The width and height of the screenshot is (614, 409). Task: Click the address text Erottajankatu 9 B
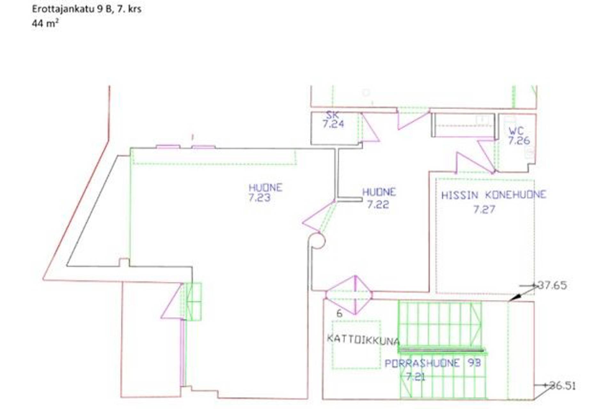(x=73, y=9)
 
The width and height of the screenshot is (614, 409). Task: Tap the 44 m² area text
(x=45, y=23)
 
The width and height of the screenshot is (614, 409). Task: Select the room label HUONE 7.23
(x=265, y=192)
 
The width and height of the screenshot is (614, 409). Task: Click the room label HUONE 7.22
(x=379, y=198)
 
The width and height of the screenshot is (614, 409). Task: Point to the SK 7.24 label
(x=333, y=120)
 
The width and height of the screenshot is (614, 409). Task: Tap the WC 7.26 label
(x=519, y=135)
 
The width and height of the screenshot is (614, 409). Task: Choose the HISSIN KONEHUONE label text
(x=494, y=195)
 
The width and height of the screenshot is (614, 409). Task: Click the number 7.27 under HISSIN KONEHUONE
(x=484, y=210)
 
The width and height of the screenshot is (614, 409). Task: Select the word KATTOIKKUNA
(x=363, y=339)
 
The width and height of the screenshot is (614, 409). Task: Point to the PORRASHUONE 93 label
(x=433, y=363)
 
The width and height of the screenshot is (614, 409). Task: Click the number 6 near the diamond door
(x=339, y=313)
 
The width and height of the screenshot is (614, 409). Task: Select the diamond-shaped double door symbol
(x=349, y=295)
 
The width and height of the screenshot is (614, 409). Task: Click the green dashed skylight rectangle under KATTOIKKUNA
(x=356, y=345)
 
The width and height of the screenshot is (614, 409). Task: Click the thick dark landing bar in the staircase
(x=442, y=351)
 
